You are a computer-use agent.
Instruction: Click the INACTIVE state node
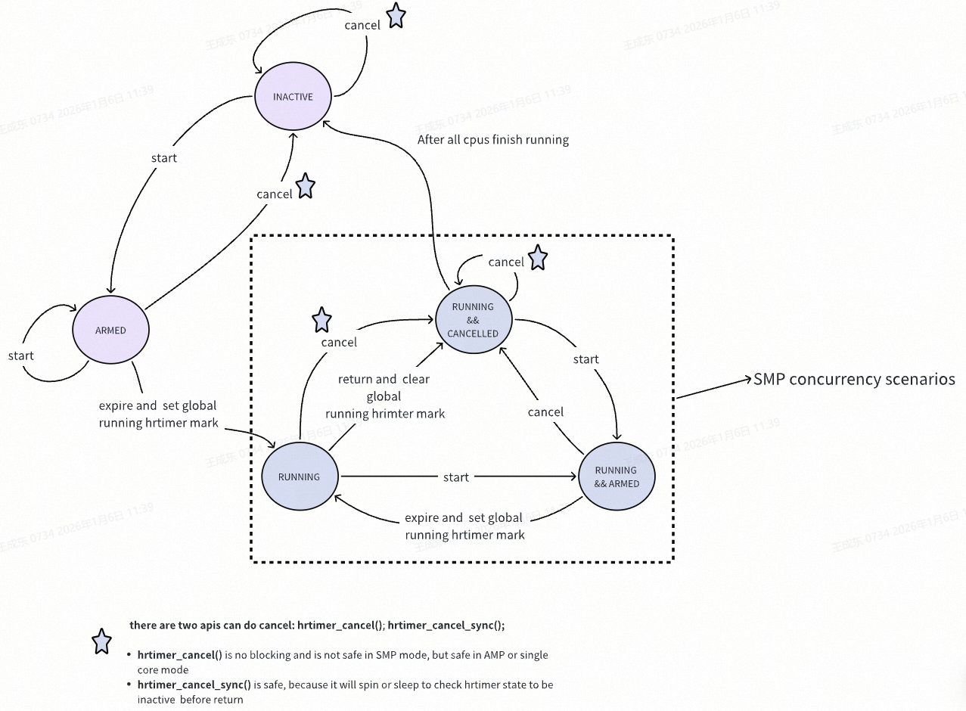tap(293, 97)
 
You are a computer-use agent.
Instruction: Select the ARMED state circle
tap(110, 331)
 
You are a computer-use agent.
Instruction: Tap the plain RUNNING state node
tap(299, 477)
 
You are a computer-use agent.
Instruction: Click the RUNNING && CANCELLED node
tap(473, 320)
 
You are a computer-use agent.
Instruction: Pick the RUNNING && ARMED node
tap(617, 477)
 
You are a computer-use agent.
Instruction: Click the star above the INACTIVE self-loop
tap(396, 16)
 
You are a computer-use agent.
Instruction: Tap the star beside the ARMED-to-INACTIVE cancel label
tap(305, 186)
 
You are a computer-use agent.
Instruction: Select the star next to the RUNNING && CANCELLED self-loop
tap(537, 258)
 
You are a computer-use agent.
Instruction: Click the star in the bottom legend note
tap(101, 641)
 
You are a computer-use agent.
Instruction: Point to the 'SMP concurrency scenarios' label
tap(854, 380)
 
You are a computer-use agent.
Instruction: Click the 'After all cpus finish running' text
tap(492, 140)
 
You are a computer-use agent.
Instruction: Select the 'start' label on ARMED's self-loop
tap(21, 355)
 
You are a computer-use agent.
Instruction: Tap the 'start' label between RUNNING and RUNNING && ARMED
tap(455, 477)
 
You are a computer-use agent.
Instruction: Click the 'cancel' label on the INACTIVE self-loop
tap(362, 25)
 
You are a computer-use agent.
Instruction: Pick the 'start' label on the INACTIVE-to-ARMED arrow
tap(163, 158)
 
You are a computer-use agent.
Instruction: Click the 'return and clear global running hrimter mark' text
tap(384, 396)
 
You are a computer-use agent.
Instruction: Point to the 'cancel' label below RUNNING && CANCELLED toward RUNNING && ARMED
tap(545, 412)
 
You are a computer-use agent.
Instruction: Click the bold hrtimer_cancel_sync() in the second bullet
tap(194, 685)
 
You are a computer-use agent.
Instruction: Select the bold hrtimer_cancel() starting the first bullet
tap(179, 654)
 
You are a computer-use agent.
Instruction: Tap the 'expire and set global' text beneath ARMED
tap(157, 406)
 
